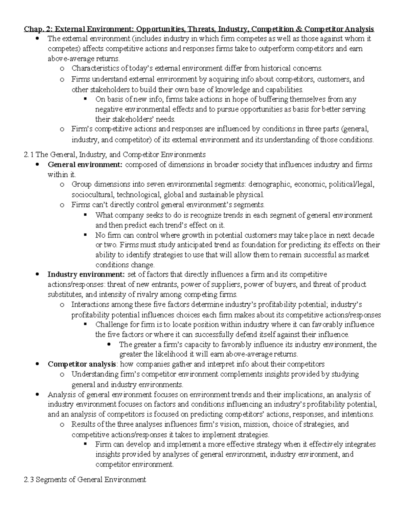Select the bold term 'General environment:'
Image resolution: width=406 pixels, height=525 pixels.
(86, 165)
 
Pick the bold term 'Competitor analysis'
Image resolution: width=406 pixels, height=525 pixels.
(81, 364)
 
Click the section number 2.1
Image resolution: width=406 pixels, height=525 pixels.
(29, 155)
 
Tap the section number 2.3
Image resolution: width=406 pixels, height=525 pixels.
(29, 479)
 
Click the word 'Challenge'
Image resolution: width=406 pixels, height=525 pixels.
(112, 325)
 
